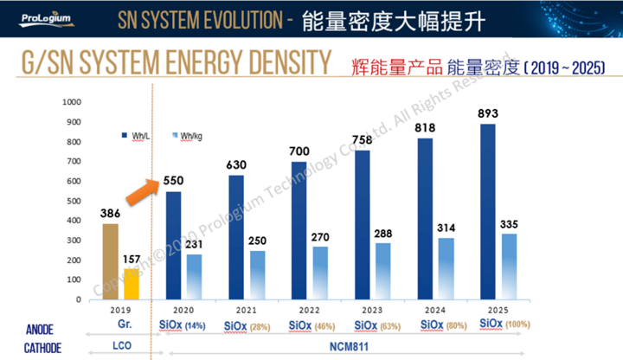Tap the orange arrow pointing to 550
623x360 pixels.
click(x=139, y=190)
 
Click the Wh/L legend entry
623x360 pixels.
click(x=137, y=136)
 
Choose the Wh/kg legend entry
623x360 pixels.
click(x=189, y=136)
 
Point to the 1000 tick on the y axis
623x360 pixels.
click(x=71, y=102)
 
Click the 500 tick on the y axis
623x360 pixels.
click(x=74, y=201)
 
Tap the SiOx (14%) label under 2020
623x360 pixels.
click(x=182, y=324)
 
